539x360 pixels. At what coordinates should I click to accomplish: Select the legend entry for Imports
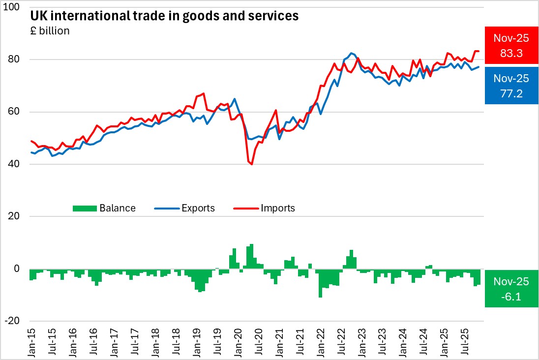point(278,208)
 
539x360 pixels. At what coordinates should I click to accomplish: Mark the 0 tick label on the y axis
point(17,269)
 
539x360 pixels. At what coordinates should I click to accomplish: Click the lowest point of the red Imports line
point(252,164)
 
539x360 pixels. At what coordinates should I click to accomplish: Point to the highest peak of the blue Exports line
point(351,53)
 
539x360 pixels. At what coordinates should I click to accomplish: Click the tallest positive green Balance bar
point(252,256)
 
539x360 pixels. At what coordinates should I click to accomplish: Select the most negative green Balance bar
point(320,283)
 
